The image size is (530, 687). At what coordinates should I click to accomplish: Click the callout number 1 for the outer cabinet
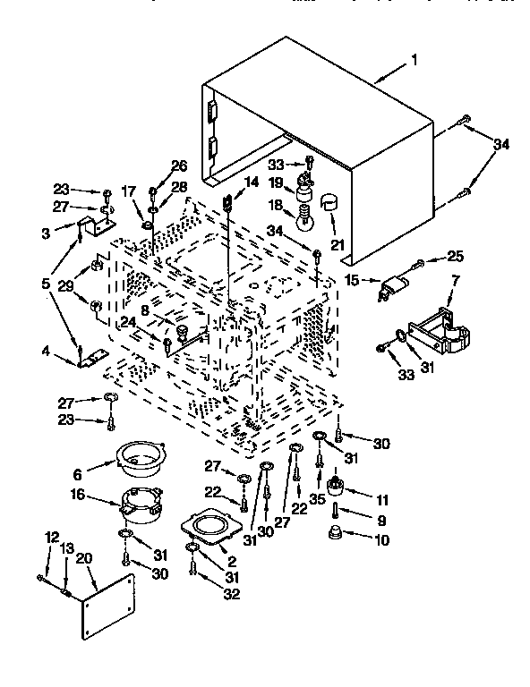[x=415, y=61]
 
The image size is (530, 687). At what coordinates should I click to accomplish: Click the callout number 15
[x=353, y=279]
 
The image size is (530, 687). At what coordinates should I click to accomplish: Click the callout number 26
[x=179, y=165]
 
